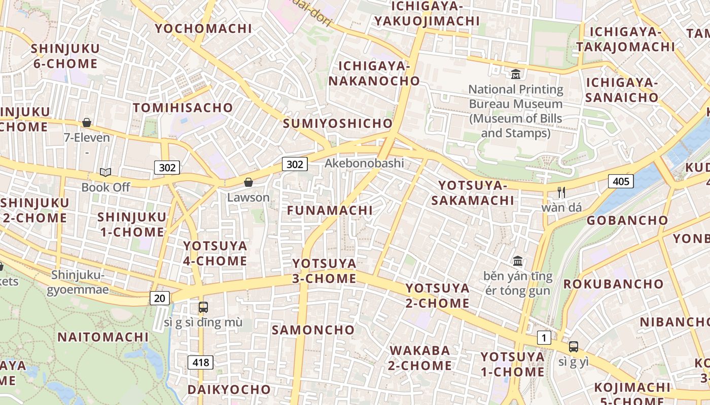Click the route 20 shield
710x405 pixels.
pos(159,298)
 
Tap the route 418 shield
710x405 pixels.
pos(200,362)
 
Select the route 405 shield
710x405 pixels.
pos(621,181)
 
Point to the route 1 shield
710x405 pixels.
pos(544,338)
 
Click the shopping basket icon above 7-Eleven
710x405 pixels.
pos(87,123)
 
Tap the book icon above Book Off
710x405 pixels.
pos(105,172)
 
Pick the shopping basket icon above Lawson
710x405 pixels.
pos(248,182)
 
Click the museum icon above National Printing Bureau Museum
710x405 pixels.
pos(516,74)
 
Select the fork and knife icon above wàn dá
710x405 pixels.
pos(561,192)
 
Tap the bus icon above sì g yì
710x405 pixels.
pos(574,347)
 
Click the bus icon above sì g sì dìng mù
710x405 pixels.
pos(203,307)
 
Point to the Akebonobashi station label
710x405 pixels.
pos(364,163)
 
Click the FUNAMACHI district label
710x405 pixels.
pos(330,210)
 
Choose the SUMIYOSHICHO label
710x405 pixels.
pos(338,124)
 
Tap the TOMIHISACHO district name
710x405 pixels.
pos(183,107)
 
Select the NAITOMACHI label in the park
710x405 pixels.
pos(103,337)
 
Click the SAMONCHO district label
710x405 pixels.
pos(313,330)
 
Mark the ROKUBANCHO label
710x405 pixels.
pos(613,283)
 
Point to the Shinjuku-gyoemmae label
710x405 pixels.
pos(78,282)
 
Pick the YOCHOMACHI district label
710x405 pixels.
pos(203,28)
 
